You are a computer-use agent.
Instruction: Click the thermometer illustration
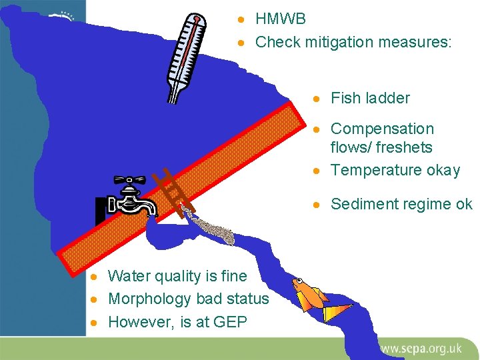click(x=185, y=57)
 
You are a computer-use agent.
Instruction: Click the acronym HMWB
click(x=281, y=19)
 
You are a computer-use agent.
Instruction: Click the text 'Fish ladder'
click(x=370, y=98)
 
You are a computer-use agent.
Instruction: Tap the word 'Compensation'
click(x=382, y=129)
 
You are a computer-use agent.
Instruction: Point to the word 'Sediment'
click(x=364, y=204)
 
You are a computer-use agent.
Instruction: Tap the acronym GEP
click(x=230, y=322)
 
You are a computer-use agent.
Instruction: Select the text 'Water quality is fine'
click(x=177, y=276)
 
